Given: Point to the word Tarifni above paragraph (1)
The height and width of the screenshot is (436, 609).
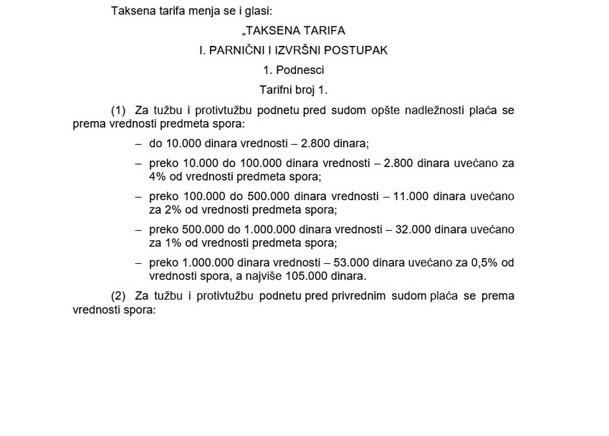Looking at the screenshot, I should (277, 90).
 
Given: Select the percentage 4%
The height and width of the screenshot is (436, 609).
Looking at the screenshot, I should (158, 176).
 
